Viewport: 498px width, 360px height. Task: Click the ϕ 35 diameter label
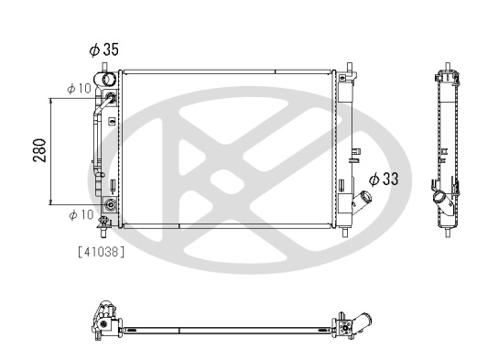[103, 49]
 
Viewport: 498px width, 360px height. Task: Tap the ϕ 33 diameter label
[384, 179]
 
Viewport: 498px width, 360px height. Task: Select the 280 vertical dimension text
[39, 150]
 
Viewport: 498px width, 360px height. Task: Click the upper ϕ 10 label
[79, 89]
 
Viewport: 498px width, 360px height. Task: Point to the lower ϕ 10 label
[81, 214]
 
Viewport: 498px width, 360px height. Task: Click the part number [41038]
[102, 252]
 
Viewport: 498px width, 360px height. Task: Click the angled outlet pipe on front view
[362, 202]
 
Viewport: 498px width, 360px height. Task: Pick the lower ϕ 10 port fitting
[111, 204]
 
